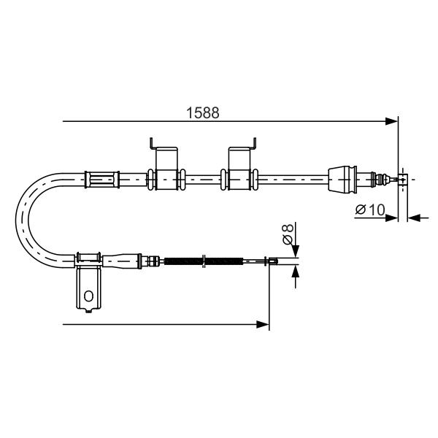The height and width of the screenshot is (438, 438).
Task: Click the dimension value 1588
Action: tap(202, 113)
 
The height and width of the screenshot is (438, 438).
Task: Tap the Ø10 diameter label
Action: tap(370, 210)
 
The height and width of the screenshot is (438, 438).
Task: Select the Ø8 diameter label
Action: tap(288, 234)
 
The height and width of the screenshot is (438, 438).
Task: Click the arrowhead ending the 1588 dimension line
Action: tap(391, 121)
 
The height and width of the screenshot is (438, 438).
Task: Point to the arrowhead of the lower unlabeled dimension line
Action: tap(263, 324)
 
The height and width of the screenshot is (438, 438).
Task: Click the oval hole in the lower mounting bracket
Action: tap(88, 296)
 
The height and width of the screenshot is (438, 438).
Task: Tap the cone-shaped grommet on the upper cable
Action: tap(343, 180)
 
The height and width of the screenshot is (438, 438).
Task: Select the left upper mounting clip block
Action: tap(166, 169)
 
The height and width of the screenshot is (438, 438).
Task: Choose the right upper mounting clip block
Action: tap(239, 169)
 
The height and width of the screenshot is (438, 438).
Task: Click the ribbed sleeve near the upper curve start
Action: tap(102, 180)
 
